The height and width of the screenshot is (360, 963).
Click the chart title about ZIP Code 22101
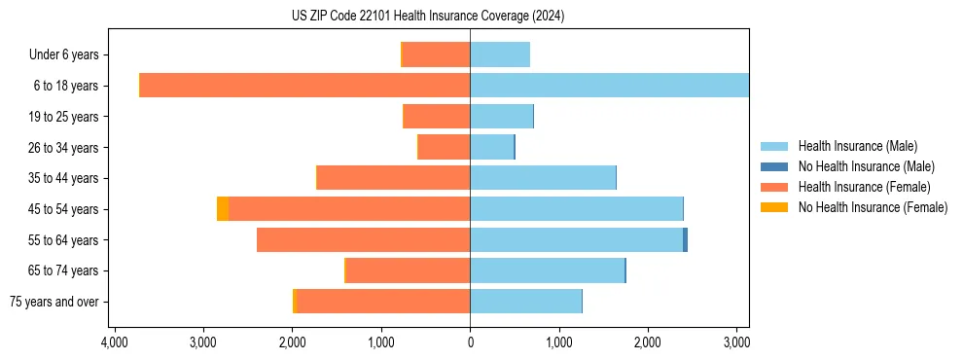tap(427, 17)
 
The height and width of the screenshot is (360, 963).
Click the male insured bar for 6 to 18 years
tap(609, 86)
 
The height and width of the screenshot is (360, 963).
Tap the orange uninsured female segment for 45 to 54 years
tap(223, 209)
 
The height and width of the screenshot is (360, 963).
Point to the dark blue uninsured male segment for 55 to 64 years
tap(685, 239)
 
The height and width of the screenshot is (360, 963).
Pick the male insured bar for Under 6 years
tap(500, 54)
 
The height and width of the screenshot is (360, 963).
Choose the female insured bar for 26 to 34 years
tap(445, 147)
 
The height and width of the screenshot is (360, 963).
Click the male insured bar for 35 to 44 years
tap(543, 178)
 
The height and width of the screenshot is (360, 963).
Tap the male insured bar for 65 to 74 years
tap(547, 270)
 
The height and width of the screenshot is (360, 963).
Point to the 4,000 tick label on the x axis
tap(114, 342)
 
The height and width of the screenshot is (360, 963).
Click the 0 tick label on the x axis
tap(470, 342)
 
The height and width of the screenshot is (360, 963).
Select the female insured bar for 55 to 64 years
tap(363, 239)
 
